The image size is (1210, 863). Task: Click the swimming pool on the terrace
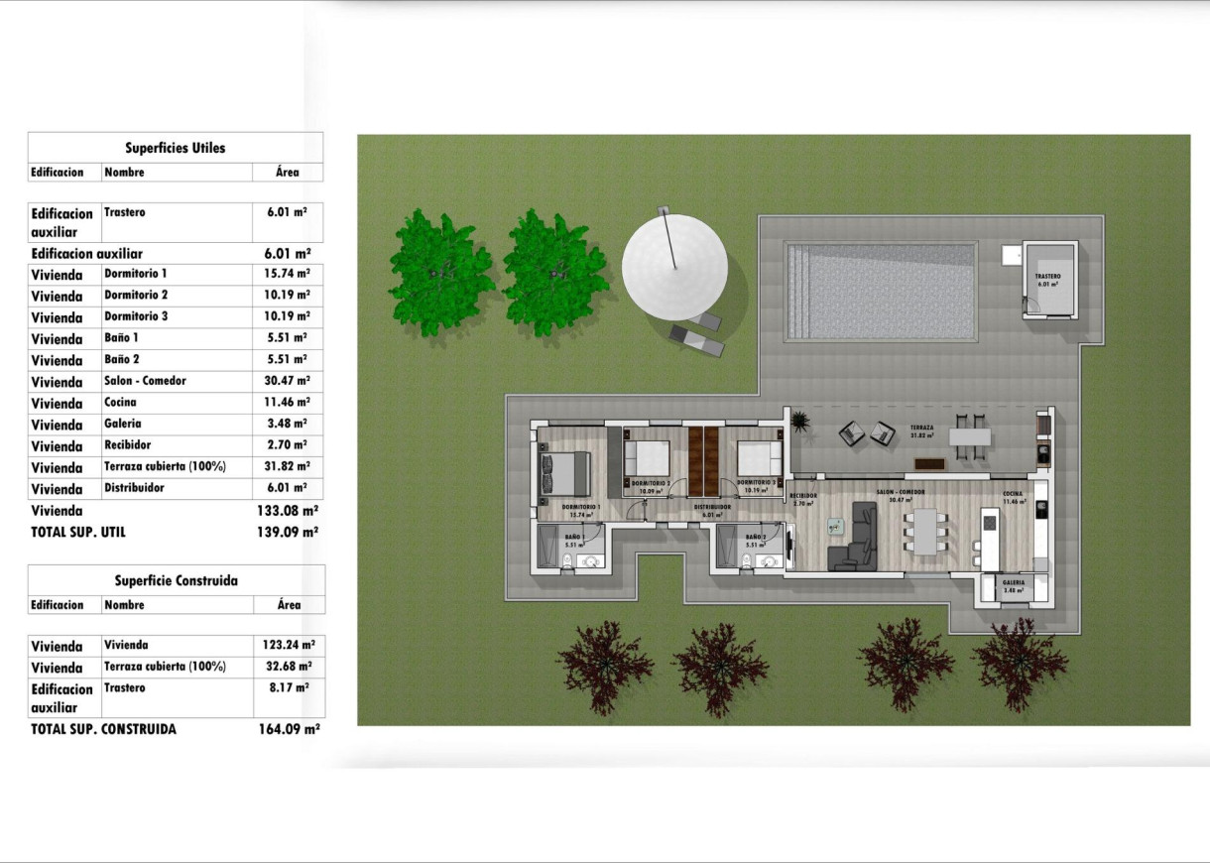pyautogui.click(x=881, y=292)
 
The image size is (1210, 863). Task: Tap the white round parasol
pyautogui.click(x=674, y=267)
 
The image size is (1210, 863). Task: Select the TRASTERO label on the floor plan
pyautogui.click(x=1047, y=277)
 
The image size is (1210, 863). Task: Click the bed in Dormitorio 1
pyautogui.click(x=564, y=472)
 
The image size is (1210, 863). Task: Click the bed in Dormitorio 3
pyautogui.click(x=759, y=458)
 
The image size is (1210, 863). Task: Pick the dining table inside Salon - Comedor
pyautogui.click(x=924, y=532)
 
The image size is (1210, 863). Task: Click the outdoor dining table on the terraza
pyautogui.click(x=970, y=436)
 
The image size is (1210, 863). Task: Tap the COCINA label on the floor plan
pyautogui.click(x=1012, y=494)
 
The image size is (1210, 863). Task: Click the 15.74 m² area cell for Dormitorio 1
pyautogui.click(x=289, y=273)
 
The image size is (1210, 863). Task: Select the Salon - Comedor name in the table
pyautogui.click(x=145, y=381)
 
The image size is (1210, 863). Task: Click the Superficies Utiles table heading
pyautogui.click(x=176, y=148)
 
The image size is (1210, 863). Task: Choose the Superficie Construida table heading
pyautogui.click(x=176, y=580)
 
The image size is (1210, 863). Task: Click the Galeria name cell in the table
pyautogui.click(x=123, y=424)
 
